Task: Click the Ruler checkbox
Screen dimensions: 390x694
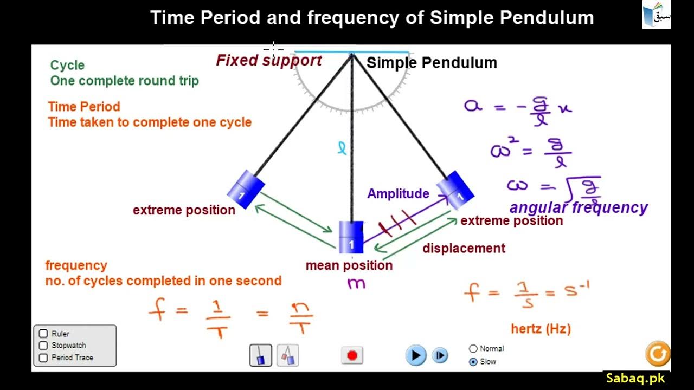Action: [x=43, y=334]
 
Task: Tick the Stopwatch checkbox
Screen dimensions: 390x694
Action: [x=43, y=346]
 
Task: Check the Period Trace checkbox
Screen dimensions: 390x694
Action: [x=43, y=357]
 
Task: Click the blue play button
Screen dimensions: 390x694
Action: [x=415, y=355]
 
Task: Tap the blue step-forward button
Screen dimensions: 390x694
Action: [x=440, y=355]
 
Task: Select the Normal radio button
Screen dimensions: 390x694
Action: [x=473, y=349]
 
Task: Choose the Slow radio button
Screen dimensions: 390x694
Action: [x=473, y=361]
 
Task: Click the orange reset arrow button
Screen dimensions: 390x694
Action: [x=658, y=354]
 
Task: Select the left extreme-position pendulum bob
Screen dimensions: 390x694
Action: [x=246, y=189]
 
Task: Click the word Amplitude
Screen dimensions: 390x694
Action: [x=398, y=194]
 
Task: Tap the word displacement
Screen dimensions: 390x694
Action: [x=464, y=248]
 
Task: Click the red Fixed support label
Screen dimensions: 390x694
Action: [x=269, y=60]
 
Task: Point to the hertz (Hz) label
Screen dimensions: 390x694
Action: [x=541, y=328]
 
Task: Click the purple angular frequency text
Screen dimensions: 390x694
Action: [x=579, y=208]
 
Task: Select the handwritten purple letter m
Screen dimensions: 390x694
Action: [x=356, y=283]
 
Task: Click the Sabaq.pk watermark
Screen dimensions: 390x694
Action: [x=635, y=378]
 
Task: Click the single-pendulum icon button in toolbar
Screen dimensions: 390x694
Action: [x=261, y=355]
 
